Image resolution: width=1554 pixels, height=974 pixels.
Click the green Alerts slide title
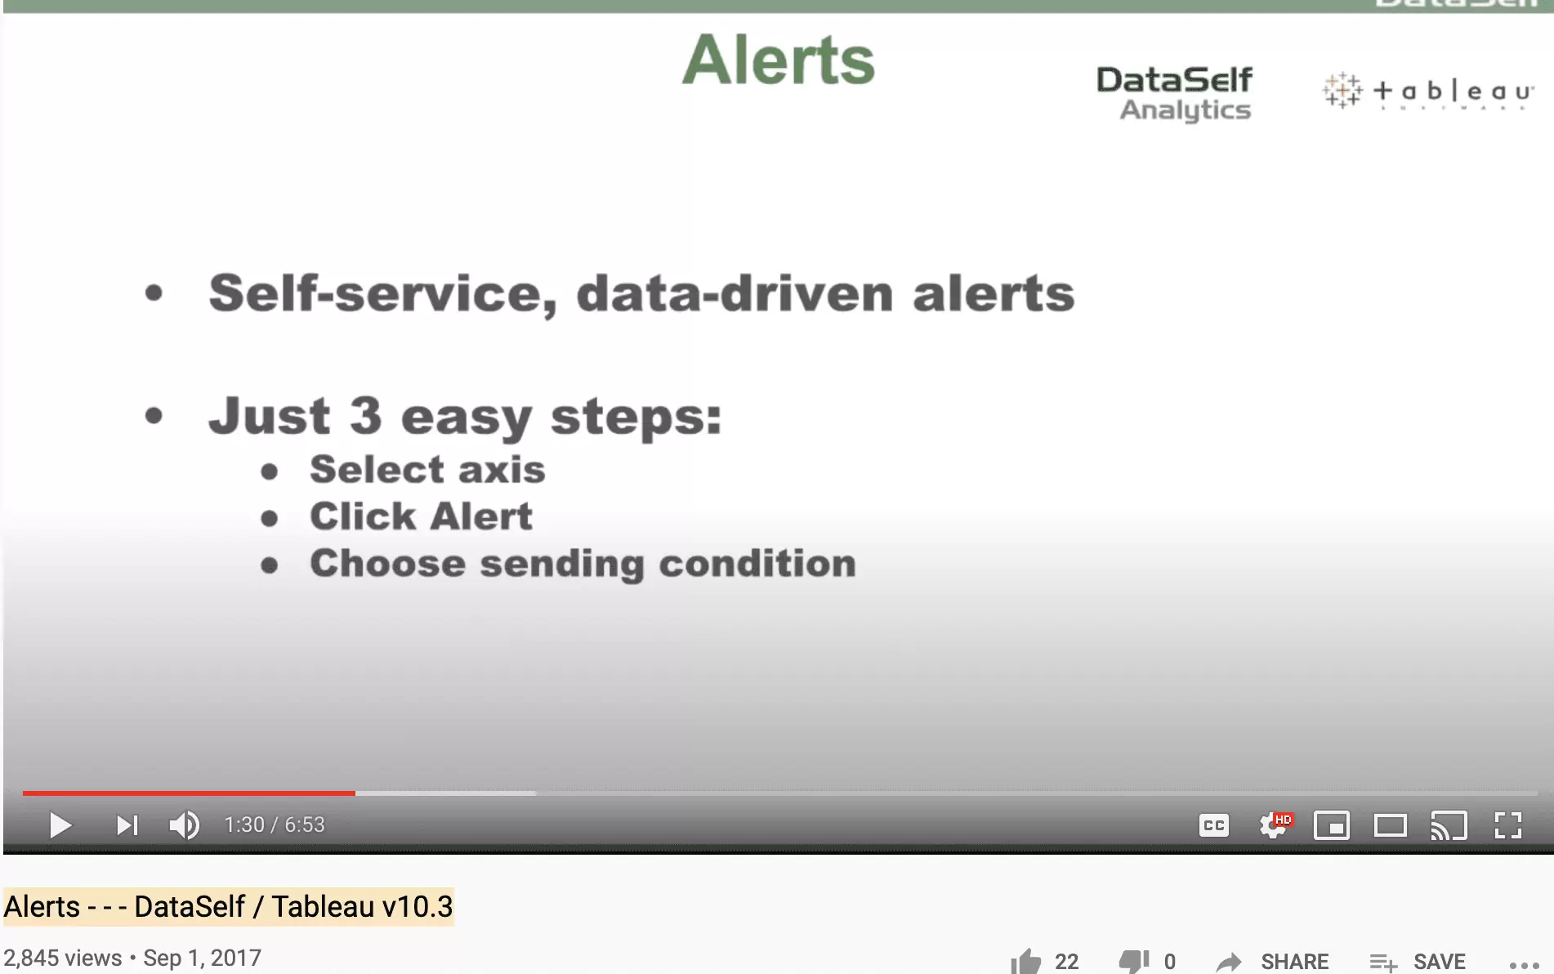pyautogui.click(x=779, y=60)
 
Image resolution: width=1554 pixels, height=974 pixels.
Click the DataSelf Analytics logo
pyautogui.click(x=1174, y=93)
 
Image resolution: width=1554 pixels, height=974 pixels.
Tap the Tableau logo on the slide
pyautogui.click(x=1428, y=90)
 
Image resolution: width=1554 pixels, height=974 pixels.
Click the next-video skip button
pyautogui.click(x=127, y=825)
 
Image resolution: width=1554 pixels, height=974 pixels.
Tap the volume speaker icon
pyautogui.click(x=185, y=825)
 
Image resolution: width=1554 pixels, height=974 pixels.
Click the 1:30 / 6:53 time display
pyautogui.click(x=275, y=824)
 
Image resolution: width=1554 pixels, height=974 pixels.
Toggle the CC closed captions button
pyautogui.click(x=1214, y=825)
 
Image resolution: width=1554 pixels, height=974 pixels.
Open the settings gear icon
pyautogui.click(x=1272, y=825)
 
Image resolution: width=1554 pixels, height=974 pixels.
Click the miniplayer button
pyautogui.click(x=1332, y=825)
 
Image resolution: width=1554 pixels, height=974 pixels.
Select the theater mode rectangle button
pyautogui.click(x=1390, y=825)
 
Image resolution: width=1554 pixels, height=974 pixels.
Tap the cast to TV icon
pyautogui.click(x=1449, y=825)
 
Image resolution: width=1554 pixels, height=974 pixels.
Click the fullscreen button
pyautogui.click(x=1507, y=825)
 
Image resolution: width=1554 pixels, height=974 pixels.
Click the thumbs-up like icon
pyautogui.click(x=1025, y=961)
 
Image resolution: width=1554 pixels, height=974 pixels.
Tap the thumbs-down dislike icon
pyautogui.click(x=1134, y=961)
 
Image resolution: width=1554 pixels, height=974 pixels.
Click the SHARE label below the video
pyautogui.click(x=1295, y=962)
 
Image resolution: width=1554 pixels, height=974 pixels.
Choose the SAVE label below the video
pyautogui.click(x=1440, y=962)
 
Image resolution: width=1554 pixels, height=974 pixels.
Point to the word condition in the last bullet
pyautogui.click(x=757, y=564)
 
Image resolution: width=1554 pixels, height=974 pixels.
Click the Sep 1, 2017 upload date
pyautogui.click(x=203, y=958)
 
